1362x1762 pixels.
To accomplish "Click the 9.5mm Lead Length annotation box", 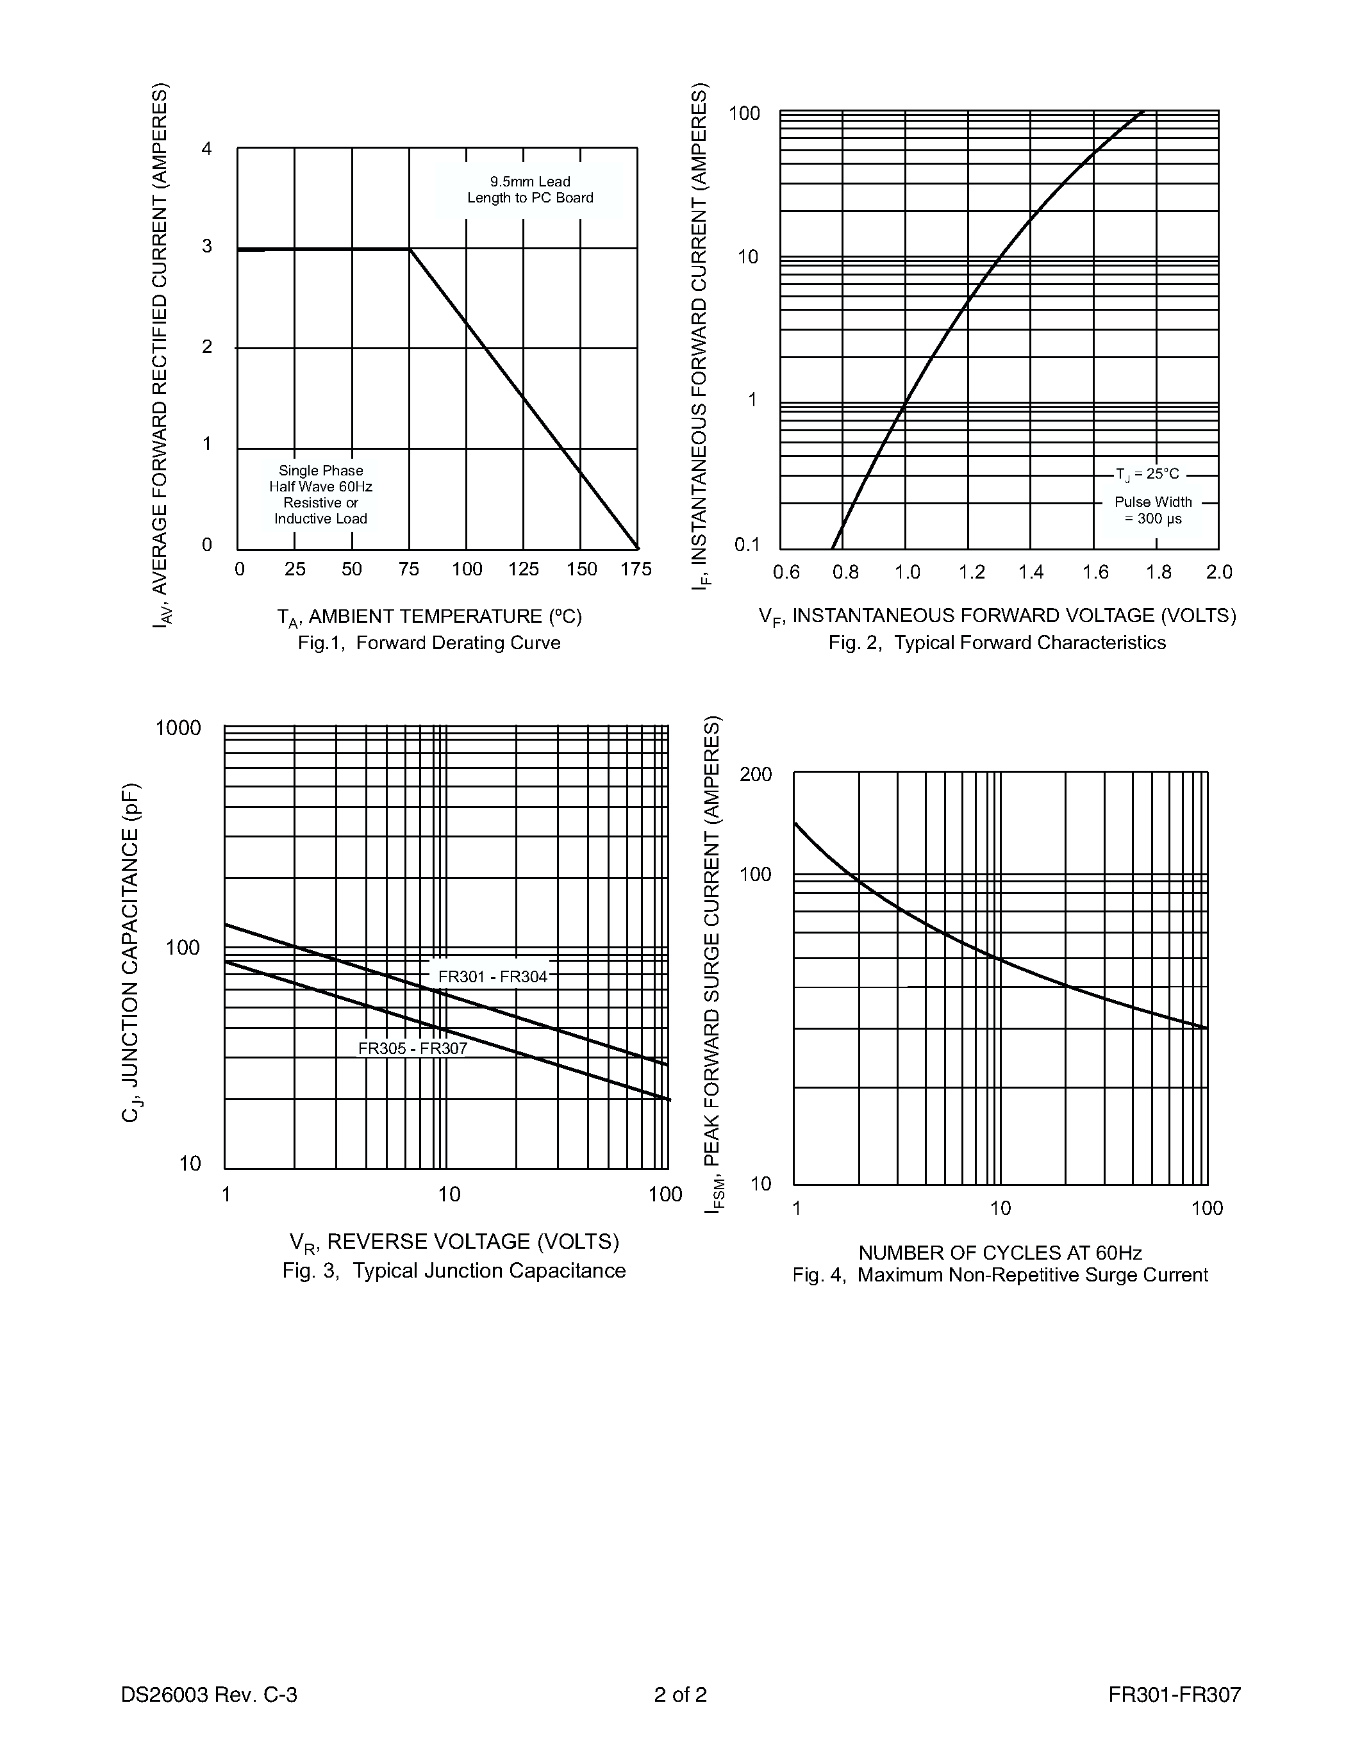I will (530, 190).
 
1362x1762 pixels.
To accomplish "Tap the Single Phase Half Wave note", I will (321, 495).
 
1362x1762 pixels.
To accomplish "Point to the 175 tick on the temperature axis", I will (636, 570).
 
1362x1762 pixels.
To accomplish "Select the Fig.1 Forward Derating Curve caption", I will (429, 643).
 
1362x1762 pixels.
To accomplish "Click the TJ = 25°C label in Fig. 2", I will (1147, 474).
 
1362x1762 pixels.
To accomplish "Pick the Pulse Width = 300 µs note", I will (1153, 510).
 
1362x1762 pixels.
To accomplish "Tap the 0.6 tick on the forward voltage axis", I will (786, 573).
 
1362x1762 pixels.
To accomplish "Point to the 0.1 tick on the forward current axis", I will (747, 545).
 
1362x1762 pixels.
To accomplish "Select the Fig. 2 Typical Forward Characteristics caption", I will (997, 643).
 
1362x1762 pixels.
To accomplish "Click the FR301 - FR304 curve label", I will (492, 977).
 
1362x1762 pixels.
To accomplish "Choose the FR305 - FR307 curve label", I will (412, 1049).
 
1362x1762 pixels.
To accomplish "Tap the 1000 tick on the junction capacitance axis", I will (178, 729).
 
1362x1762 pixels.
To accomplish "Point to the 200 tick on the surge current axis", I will (756, 775).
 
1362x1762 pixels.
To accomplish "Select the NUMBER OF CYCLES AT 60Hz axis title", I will (1000, 1253).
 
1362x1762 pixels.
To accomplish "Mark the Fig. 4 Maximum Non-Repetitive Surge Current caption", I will (1000, 1276).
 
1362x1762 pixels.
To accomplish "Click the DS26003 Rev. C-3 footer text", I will (209, 1695).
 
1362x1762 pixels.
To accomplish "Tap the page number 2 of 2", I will (680, 1695).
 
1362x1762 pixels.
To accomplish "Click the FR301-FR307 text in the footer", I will (1174, 1695).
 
